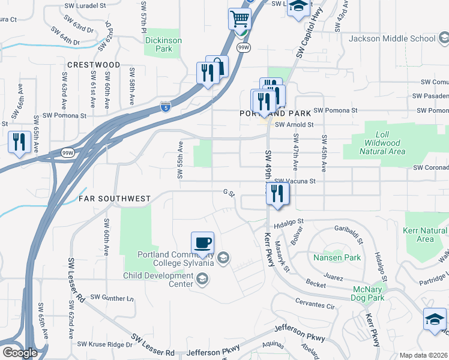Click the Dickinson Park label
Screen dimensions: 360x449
(163, 44)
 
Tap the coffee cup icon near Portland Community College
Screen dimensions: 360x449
(202, 242)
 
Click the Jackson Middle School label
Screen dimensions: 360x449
(393, 39)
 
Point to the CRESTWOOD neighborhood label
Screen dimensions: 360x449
(94, 64)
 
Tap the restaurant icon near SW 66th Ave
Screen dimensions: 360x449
(19, 142)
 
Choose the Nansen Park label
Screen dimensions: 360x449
(337, 258)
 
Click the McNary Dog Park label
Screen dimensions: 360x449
(376, 293)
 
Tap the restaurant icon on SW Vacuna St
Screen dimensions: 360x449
(277, 193)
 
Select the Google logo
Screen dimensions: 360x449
(20, 353)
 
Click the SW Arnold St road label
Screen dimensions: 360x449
(294, 124)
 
